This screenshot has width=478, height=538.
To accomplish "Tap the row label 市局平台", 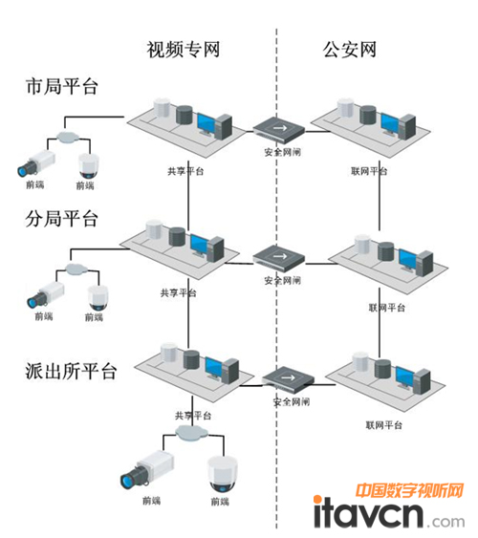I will [62, 87].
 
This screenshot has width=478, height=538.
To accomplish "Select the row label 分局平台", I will [62, 218].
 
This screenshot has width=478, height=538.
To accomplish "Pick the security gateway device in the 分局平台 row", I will [279, 255].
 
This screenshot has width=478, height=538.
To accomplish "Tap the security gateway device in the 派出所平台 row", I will [288, 377].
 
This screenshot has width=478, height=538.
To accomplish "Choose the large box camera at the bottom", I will [144, 471].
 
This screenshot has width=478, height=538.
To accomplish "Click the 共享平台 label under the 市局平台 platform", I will [184, 171].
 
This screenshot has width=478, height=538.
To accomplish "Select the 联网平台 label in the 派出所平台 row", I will [381, 424].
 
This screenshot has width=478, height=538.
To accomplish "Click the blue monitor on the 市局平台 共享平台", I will [207, 123].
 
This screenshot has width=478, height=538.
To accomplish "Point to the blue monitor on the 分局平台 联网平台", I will [408, 259].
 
